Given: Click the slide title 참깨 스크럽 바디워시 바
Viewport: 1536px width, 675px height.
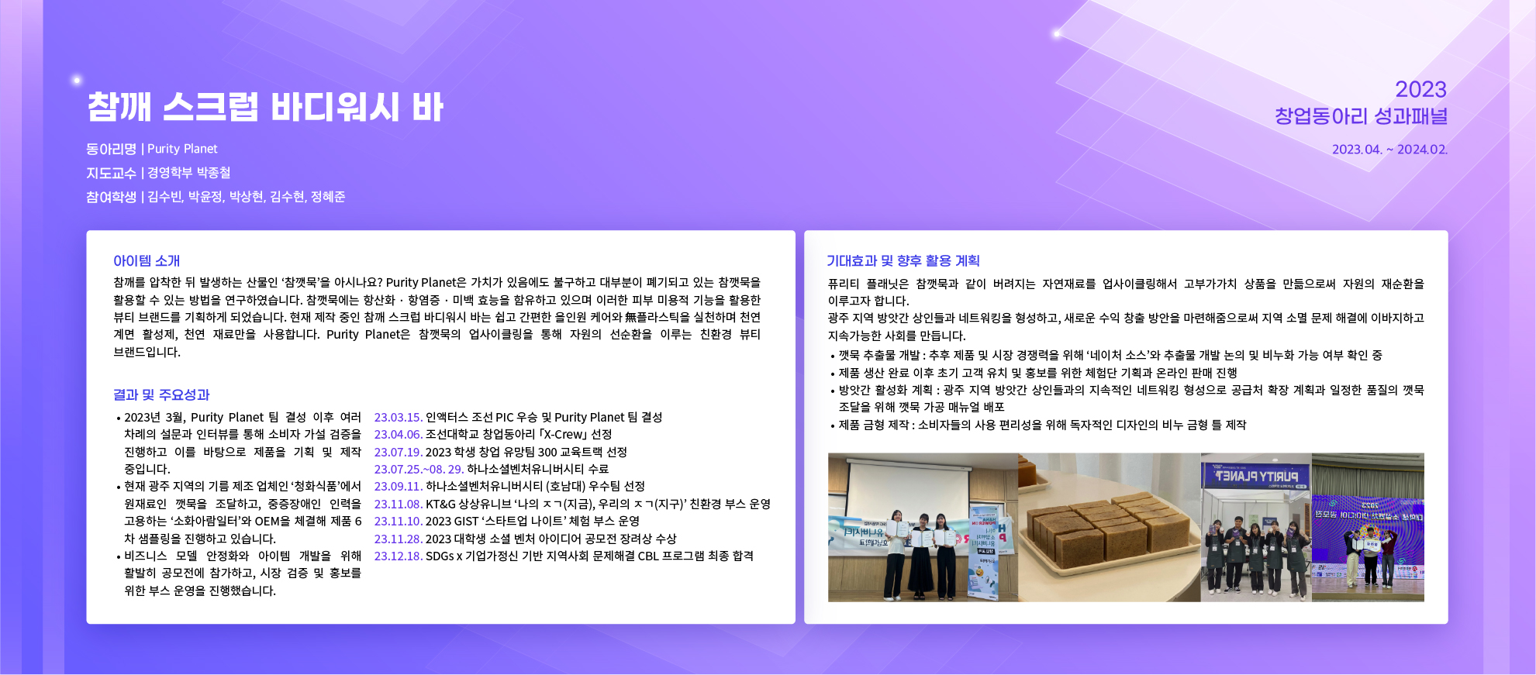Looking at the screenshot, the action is (265, 107).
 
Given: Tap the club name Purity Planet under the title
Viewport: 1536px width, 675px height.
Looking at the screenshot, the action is (182, 149).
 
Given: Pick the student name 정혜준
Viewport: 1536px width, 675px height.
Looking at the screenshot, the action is (328, 197).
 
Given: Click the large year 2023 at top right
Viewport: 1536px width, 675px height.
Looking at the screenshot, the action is (1420, 89).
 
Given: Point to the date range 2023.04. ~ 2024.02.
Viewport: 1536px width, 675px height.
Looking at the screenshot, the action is (1389, 150).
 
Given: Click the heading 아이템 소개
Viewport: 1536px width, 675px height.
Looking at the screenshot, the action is (147, 261).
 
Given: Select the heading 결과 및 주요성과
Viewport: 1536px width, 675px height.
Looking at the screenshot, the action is (161, 395).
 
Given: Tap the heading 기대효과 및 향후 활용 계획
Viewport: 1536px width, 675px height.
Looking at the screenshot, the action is (903, 261).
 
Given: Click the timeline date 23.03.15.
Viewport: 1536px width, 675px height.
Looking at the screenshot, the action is (399, 418).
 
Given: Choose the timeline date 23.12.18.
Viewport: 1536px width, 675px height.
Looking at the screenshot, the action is (399, 556).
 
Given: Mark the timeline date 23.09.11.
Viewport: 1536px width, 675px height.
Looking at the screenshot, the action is (399, 487).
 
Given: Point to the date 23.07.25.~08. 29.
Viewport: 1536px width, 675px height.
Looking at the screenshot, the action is (419, 470).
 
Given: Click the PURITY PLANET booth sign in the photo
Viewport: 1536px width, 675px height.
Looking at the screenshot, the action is (1256, 476).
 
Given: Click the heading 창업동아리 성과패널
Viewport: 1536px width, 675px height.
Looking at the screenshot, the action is (1362, 116).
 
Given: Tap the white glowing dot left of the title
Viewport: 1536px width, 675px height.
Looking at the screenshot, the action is (76, 80).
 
